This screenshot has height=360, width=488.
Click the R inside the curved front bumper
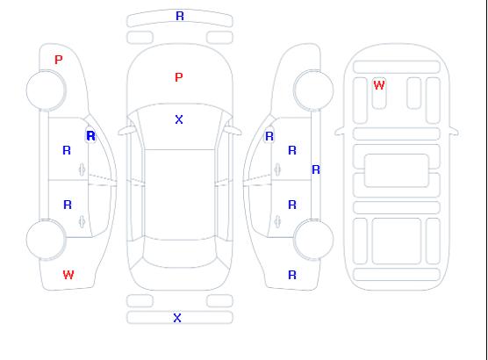[180, 16]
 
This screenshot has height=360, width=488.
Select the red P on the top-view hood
[179, 77]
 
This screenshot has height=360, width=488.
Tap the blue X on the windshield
[179, 119]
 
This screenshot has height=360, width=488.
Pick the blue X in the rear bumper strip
[177, 318]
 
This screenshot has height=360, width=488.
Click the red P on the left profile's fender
[58, 60]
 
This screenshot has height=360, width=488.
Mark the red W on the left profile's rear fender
[68, 275]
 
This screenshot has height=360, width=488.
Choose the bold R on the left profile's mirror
[91, 136]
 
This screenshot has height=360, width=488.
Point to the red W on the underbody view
[379, 85]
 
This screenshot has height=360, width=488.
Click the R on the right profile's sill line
[316, 169]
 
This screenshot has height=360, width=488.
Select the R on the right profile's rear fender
[292, 275]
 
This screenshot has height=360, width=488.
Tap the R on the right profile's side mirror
[269, 136]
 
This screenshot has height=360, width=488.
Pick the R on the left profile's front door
[67, 150]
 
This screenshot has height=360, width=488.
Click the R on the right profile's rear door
[292, 205]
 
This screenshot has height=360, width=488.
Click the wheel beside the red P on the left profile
[46, 90]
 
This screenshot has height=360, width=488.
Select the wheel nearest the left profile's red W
[46, 240]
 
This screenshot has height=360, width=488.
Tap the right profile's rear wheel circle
[313, 240]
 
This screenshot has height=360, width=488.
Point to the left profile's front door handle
[82, 169]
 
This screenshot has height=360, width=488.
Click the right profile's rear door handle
[277, 221]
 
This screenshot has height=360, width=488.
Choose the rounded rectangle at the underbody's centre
[397, 170]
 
